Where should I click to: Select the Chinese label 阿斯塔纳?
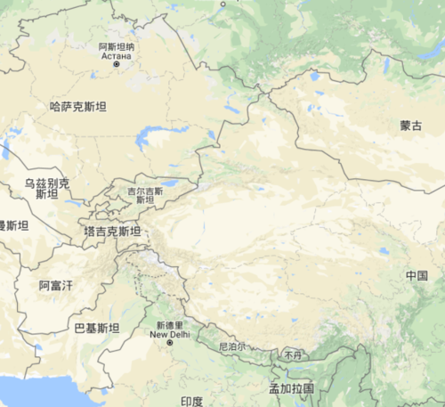point(116,45)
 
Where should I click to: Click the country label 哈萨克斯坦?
point(77,107)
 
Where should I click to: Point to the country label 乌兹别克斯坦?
point(46,188)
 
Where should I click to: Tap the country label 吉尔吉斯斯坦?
point(145,195)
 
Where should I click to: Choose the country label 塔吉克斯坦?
point(111,231)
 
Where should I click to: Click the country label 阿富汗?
point(56,285)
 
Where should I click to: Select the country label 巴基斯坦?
point(96,328)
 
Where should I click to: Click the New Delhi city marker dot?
point(169,343)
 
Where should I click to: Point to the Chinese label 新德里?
point(169,325)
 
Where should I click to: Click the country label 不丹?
point(294,354)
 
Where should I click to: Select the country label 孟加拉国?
point(292,389)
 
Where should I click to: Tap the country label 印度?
point(192,401)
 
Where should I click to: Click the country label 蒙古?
point(410,126)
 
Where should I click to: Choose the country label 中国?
point(417,275)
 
